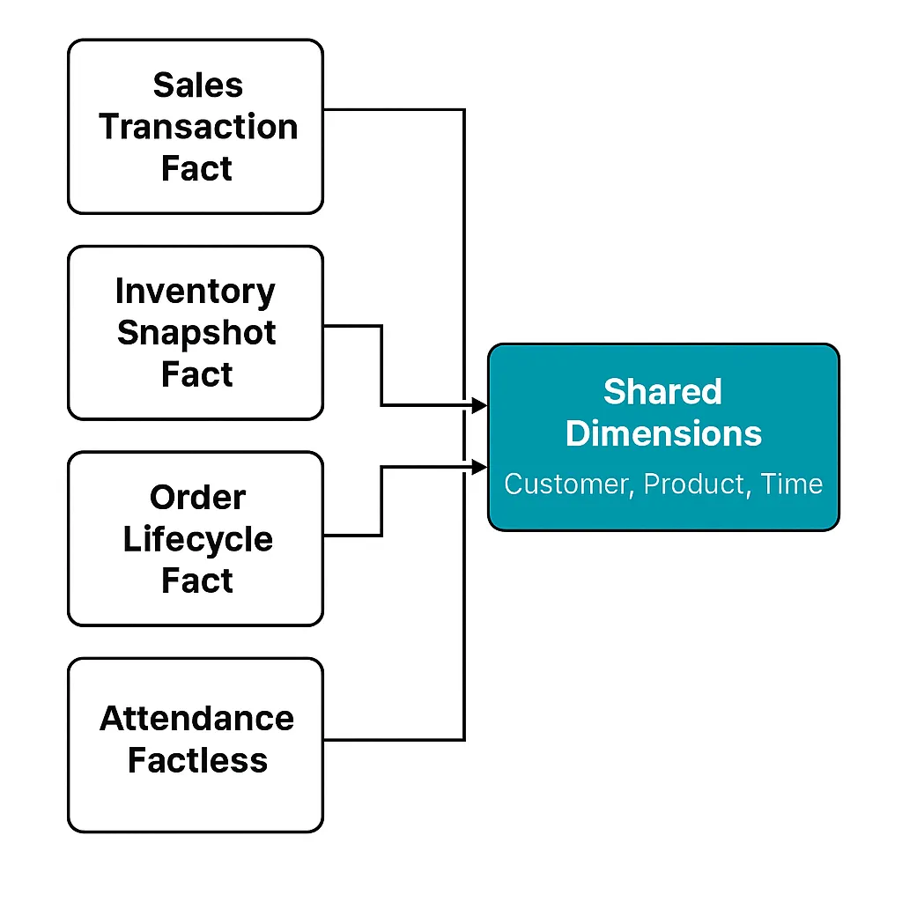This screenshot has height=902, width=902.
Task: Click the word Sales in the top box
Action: pyautogui.click(x=197, y=85)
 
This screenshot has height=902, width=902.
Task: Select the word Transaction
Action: pyautogui.click(x=197, y=127)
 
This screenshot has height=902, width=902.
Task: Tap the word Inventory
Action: pyautogui.click(x=196, y=292)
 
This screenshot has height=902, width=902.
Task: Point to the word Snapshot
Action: pyautogui.click(x=196, y=333)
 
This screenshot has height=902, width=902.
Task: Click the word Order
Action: pyautogui.click(x=196, y=498)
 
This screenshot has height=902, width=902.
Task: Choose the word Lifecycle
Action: pyautogui.click(x=197, y=539)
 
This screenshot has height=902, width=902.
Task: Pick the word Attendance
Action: pyautogui.click(x=196, y=719)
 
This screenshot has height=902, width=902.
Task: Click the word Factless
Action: pyautogui.click(x=197, y=760)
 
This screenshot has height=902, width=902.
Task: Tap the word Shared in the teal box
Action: pyautogui.click(x=662, y=392)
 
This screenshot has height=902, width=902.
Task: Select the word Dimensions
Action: pyautogui.click(x=663, y=433)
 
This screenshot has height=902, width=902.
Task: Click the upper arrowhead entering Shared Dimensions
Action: pyautogui.click(x=480, y=406)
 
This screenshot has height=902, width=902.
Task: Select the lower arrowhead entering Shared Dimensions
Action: pyautogui.click(x=480, y=466)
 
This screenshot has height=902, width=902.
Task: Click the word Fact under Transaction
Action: pyautogui.click(x=196, y=168)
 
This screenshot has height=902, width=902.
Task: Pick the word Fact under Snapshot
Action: pyautogui.click(x=196, y=374)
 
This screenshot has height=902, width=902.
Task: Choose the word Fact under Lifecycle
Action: pyautogui.click(x=196, y=580)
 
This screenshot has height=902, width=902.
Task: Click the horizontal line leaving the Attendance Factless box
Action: pyautogui.click(x=393, y=739)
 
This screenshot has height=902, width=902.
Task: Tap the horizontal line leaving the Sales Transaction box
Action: pyautogui.click(x=393, y=110)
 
